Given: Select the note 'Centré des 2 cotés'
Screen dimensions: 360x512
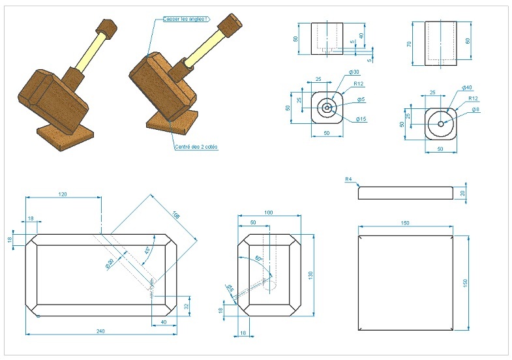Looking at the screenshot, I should tap(196, 147).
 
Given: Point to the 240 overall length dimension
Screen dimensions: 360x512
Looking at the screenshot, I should tap(100, 331).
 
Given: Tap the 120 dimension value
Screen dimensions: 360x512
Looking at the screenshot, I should tap(63, 194).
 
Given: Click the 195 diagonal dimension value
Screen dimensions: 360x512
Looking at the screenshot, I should tap(175, 215).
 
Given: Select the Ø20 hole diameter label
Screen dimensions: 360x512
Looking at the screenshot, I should tap(110, 263).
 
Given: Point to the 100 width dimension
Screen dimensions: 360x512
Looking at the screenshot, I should tap(268, 213).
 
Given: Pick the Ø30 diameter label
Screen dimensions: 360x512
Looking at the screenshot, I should tap(355, 72).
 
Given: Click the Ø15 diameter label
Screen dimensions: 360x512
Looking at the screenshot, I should tap(361, 119).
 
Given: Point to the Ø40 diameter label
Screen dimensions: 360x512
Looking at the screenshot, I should tap(467, 87).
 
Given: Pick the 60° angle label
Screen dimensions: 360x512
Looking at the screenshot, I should tap(258, 258).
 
